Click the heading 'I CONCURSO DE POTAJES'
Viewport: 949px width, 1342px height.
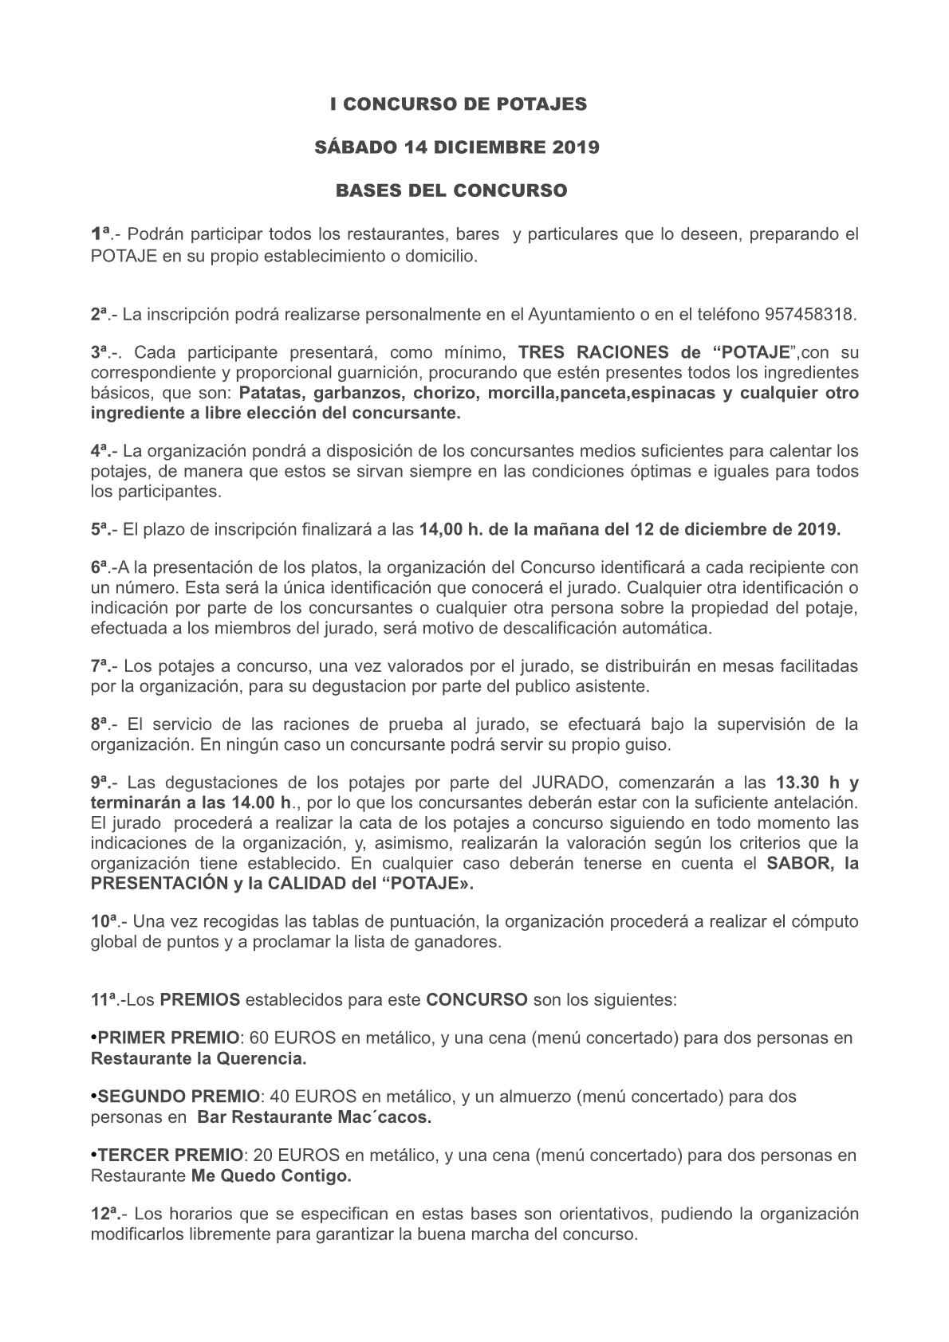click(459, 104)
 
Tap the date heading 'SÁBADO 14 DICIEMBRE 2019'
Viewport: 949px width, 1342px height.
click(459, 147)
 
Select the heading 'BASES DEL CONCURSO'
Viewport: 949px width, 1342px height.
click(451, 191)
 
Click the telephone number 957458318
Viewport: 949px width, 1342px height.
click(809, 315)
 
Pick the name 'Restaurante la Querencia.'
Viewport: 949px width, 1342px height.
click(199, 1059)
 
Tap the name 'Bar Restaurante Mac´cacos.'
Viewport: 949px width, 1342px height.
click(314, 1117)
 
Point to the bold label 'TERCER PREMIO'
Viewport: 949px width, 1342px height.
click(169, 1155)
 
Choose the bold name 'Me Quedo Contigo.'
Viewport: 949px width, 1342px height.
click(271, 1175)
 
